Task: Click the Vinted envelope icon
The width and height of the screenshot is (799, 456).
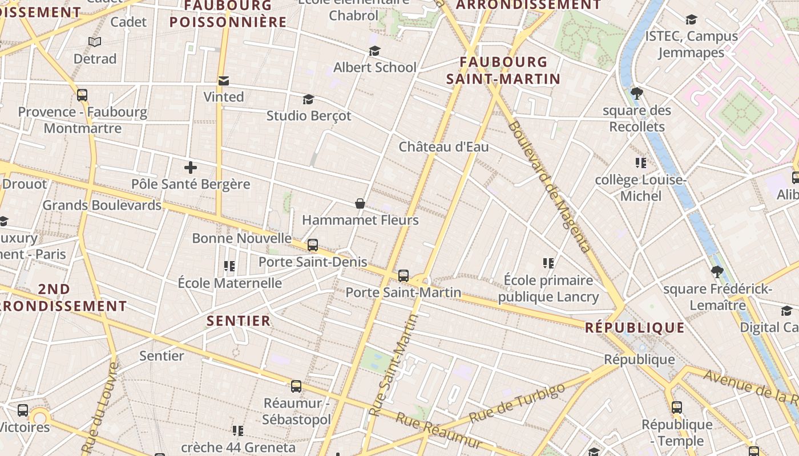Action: pos(223,81)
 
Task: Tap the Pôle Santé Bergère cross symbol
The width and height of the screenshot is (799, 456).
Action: pos(191,168)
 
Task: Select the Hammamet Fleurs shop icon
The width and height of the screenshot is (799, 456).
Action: pos(360,203)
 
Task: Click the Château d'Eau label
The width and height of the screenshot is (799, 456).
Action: pos(443,146)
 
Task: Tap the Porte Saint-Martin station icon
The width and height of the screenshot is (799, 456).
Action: pos(403,276)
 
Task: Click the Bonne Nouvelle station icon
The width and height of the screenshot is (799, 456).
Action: pos(313,245)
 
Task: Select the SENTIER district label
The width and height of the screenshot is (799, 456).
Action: pos(239,321)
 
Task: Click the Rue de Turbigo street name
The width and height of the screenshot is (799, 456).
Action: pos(517,403)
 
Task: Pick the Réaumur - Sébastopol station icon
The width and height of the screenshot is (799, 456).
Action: pos(296,386)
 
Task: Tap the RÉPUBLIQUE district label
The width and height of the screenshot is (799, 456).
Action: pos(635,327)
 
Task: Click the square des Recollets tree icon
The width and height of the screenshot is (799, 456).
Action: pos(637,93)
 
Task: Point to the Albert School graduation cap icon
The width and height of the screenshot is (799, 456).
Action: pos(374,51)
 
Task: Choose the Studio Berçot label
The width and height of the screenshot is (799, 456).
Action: pos(309,116)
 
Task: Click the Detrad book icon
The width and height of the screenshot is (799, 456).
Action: pos(95,42)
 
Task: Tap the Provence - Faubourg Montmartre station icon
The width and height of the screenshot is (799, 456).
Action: pos(82,95)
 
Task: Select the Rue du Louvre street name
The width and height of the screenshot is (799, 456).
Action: pos(101,408)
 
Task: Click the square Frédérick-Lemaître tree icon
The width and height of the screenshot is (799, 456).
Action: pos(717,272)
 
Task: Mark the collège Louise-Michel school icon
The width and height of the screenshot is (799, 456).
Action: pos(640,164)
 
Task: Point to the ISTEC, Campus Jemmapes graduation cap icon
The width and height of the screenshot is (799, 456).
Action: pos(691,20)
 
